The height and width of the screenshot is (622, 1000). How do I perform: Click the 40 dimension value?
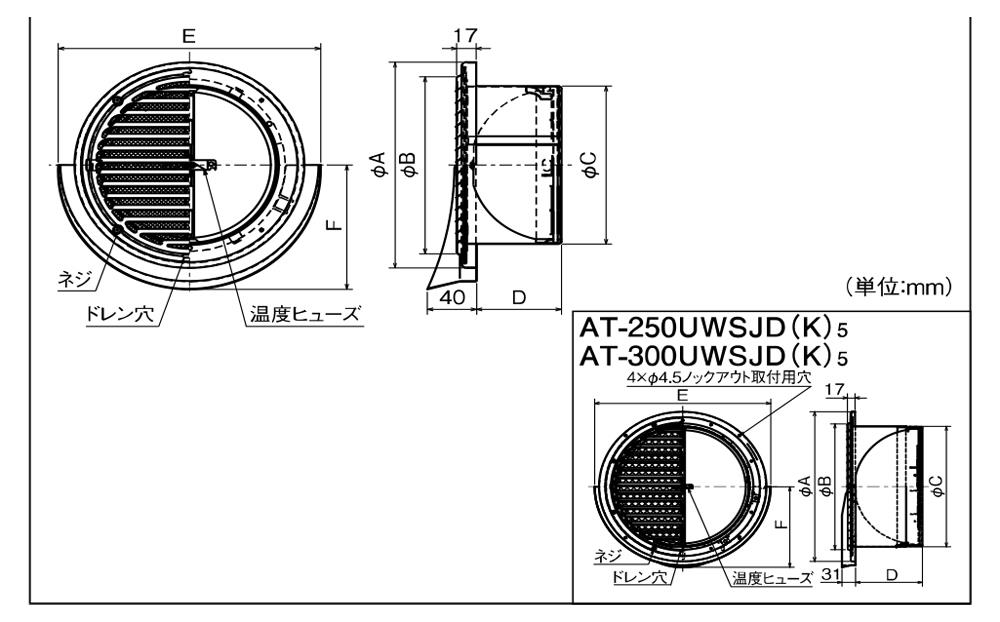coord(452,298)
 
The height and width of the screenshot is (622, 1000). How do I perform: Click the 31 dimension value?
coord(830,575)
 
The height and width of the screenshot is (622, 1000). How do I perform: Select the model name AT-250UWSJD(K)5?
coord(713,329)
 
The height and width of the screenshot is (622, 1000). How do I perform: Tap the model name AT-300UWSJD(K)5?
coord(713,355)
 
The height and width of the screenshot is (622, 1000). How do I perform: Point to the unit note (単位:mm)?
coord(899,287)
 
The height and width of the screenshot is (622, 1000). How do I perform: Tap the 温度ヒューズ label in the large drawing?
coord(305,314)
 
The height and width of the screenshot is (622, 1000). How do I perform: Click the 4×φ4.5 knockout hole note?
coord(718,378)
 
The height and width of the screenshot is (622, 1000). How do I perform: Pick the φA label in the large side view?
coord(380,164)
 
